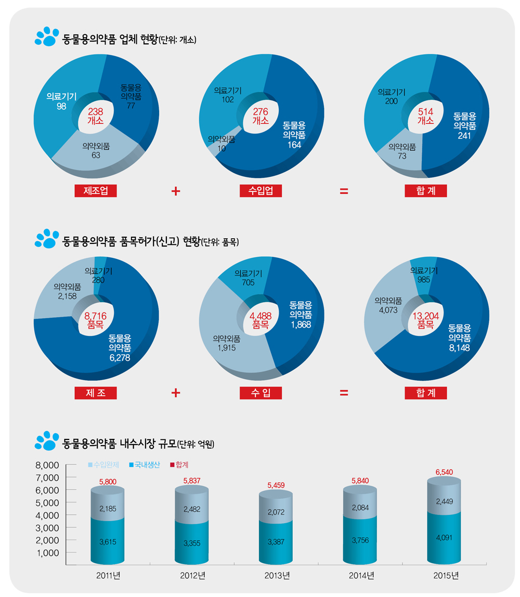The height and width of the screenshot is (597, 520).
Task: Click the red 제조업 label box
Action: [95, 190]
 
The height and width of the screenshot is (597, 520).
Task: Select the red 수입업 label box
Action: [261, 190]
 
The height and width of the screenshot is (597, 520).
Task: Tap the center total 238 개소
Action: [96, 115]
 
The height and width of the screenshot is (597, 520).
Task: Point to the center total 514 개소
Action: [425, 115]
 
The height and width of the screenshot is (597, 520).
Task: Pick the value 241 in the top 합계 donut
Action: [464, 135]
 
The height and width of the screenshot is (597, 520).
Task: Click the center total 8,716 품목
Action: [95, 319]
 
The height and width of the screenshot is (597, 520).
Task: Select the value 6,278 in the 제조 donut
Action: [120, 358]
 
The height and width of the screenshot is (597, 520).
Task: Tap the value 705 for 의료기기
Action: [248, 282]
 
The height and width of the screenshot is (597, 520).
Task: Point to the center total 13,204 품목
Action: [425, 319]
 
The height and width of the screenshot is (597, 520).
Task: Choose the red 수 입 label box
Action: [261, 393]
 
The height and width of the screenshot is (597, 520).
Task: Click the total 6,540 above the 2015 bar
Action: [444, 472]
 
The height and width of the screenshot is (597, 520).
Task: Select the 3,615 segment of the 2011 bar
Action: [107, 542]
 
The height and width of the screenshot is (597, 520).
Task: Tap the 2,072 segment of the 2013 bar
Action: [276, 512]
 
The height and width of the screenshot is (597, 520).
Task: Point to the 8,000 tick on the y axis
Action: [48, 464]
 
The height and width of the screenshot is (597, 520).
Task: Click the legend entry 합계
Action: [179, 464]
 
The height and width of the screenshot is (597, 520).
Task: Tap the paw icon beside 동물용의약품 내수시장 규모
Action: [47, 440]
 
